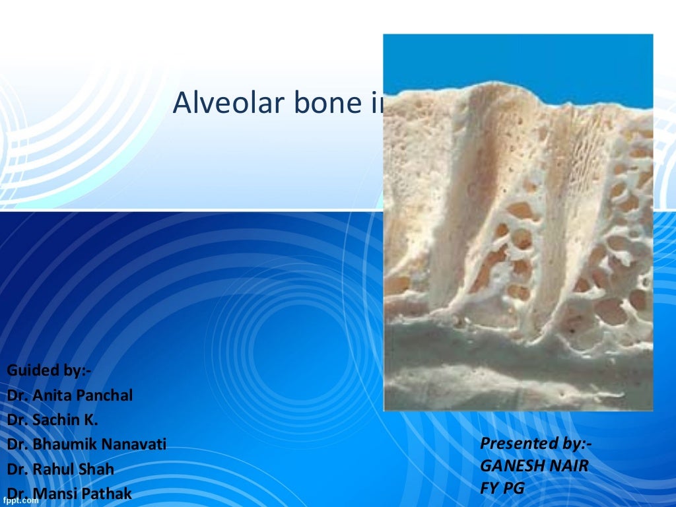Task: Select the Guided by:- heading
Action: click(49, 370)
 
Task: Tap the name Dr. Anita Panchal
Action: click(70, 395)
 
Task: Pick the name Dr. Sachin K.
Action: click(53, 420)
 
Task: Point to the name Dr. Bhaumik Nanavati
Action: click(86, 444)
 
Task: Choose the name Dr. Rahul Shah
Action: click(61, 469)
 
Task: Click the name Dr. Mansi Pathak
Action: click(69, 493)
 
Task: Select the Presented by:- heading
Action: click(535, 442)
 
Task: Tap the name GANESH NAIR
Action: click(533, 466)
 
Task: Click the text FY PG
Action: click(502, 489)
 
